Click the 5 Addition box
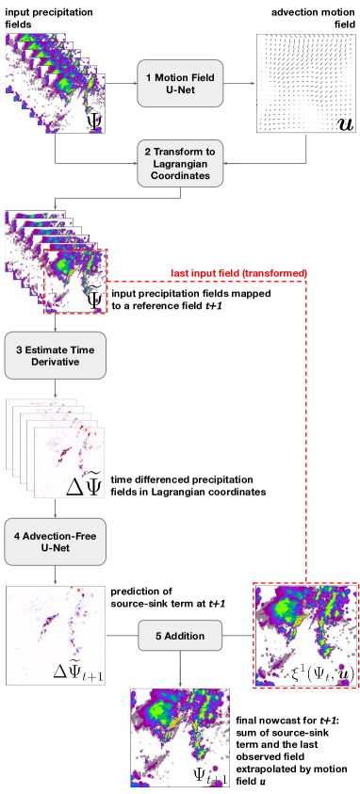tap(179, 636)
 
